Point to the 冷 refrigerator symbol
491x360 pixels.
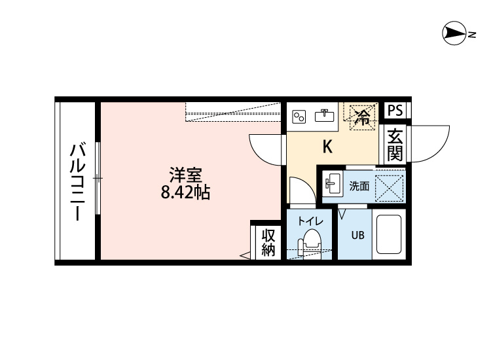(361, 117)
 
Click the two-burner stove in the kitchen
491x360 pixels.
(299, 117)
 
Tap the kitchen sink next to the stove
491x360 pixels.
(324, 117)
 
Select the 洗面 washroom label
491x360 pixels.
(359, 186)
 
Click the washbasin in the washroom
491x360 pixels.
(333, 185)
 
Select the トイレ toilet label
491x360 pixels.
(310, 221)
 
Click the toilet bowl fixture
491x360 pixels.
(310, 244)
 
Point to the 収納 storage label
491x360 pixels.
(268, 242)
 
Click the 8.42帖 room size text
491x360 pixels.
(186, 193)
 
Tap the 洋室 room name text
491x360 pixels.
(185, 175)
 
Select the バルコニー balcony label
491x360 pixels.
(76, 182)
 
